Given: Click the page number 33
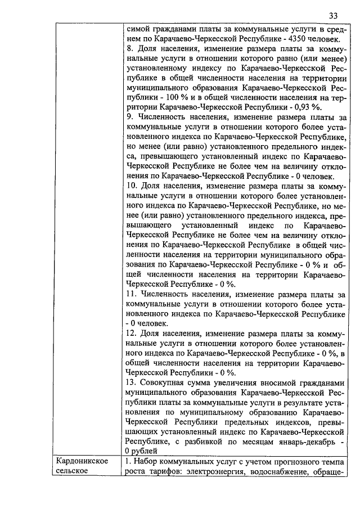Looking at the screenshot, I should click(x=334, y=15).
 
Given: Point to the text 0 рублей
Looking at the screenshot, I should click(x=141, y=451).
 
